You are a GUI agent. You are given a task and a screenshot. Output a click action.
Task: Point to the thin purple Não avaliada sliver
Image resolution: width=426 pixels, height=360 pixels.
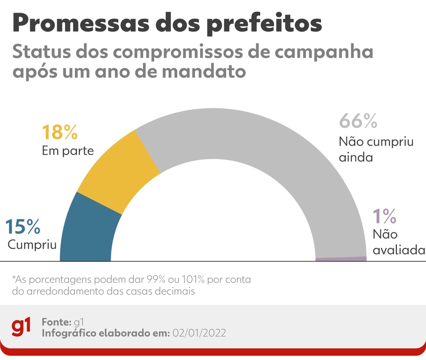pyautogui.click(x=341, y=259)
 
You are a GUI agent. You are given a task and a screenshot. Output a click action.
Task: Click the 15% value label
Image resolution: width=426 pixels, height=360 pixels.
pyautogui.click(x=23, y=227)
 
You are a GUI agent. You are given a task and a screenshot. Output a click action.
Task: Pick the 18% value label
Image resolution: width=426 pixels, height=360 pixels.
pyautogui.click(x=60, y=133)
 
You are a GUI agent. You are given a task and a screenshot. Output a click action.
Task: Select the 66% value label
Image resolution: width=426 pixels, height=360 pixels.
pyautogui.click(x=358, y=122)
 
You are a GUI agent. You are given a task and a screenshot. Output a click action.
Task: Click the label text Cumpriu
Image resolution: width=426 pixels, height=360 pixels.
pyautogui.click(x=32, y=245)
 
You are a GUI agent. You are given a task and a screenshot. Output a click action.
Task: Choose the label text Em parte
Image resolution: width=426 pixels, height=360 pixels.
pyautogui.click(x=68, y=151)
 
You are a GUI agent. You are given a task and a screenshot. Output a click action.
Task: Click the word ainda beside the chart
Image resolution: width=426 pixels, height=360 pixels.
pyautogui.click(x=356, y=157)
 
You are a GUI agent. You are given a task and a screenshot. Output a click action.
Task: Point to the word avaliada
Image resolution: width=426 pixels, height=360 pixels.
pyautogui.click(x=398, y=250)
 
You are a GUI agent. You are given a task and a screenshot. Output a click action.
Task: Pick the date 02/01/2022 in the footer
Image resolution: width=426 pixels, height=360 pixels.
pyautogui.click(x=199, y=333)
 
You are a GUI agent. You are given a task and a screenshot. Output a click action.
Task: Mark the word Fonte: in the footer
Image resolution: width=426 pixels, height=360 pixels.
pyautogui.click(x=57, y=322)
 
